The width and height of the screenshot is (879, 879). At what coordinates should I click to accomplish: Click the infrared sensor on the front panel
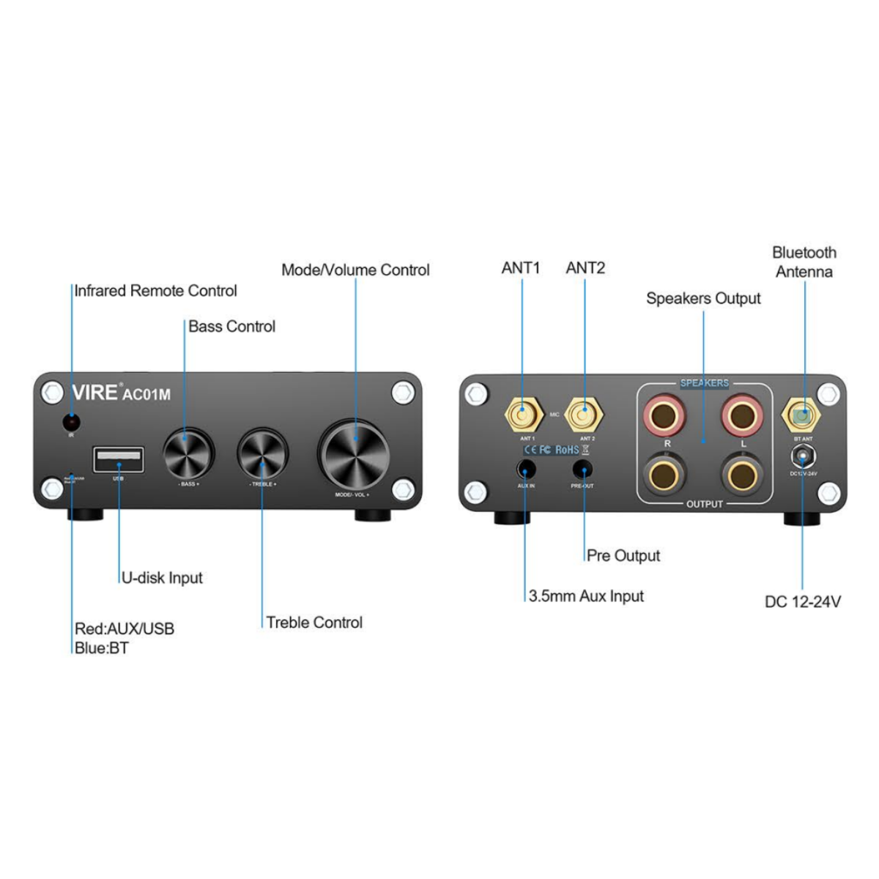pos(71,422)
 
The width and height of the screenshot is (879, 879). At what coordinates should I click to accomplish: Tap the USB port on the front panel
pos(118,460)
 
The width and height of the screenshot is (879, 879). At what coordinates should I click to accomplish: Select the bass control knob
pos(188,452)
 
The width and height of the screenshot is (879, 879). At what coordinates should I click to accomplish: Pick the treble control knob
pos(262,453)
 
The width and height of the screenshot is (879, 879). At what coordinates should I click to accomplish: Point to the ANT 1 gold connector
pos(521,417)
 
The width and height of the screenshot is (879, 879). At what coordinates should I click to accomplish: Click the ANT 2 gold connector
pos(585,417)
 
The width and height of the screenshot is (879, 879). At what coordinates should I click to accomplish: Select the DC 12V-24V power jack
pos(804,457)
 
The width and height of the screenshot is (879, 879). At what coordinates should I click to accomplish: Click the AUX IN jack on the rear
pos(526,468)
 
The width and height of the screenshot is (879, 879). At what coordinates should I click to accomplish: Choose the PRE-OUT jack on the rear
pos(583,468)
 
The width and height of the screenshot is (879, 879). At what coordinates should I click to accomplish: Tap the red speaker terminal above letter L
pos(742,415)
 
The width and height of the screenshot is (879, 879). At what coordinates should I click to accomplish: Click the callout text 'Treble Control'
pos(314,623)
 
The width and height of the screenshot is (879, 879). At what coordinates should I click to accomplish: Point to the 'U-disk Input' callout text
pos(162,578)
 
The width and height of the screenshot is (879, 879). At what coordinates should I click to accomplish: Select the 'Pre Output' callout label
pos(623,556)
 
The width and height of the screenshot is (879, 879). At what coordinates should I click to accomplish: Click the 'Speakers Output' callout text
pos(703,299)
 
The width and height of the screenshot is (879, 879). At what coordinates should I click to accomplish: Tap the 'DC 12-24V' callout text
pos(803,602)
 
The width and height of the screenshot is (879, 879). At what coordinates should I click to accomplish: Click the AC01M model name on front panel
pos(146,394)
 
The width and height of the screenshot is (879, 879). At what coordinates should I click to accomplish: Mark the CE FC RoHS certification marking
pos(555,449)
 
